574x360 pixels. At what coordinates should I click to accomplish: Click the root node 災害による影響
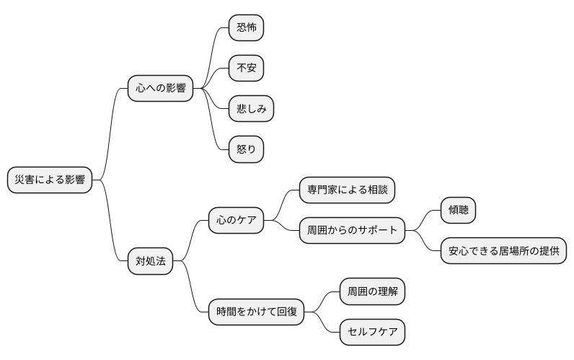[x=50, y=180]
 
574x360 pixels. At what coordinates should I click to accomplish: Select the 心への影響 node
[x=160, y=89]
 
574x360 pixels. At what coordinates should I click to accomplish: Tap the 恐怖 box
[x=246, y=28]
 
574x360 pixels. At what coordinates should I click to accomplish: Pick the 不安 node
[x=246, y=69]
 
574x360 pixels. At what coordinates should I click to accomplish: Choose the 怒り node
[x=246, y=149]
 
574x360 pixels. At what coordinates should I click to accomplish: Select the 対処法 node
[x=150, y=261]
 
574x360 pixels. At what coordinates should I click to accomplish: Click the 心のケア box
[x=236, y=220]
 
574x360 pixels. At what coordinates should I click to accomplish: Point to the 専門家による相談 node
[x=348, y=190]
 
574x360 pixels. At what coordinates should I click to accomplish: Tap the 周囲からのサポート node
[x=352, y=231]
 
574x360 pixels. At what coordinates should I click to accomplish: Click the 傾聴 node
[x=458, y=211]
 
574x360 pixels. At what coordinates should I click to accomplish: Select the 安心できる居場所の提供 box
[x=503, y=251]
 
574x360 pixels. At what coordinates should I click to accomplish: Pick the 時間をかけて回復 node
[x=256, y=312]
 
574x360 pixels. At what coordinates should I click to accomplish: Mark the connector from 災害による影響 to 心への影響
[x=111, y=133]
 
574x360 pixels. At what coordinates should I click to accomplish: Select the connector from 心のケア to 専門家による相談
[x=282, y=204]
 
